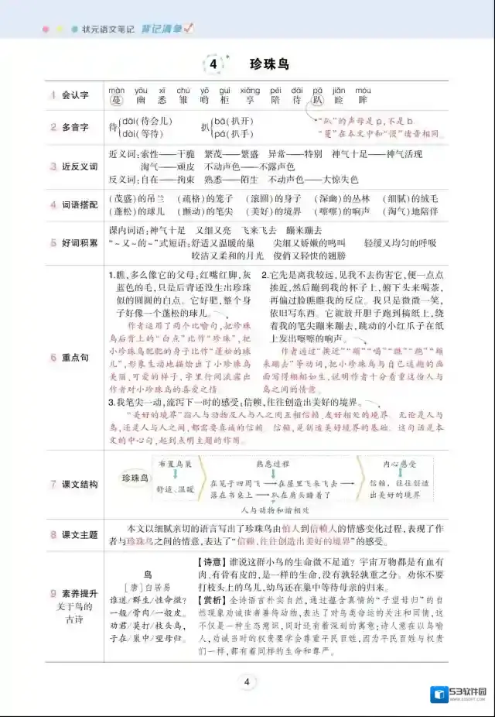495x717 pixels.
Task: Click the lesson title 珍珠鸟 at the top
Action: pos(270,64)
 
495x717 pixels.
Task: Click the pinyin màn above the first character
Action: pos(117,90)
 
